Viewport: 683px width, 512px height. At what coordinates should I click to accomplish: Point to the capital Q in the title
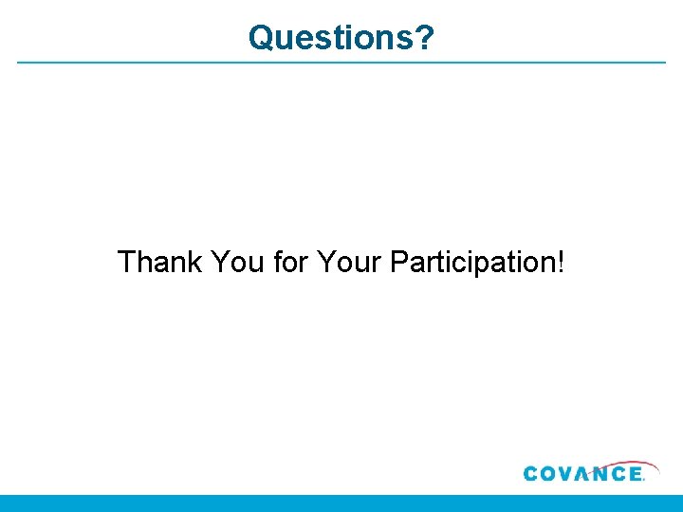coord(261,38)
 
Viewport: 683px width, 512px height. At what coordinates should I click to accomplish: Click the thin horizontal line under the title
coord(341,64)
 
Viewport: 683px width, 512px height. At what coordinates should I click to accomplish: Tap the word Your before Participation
coord(349,262)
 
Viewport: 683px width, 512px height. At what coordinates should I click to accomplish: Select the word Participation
coord(471,263)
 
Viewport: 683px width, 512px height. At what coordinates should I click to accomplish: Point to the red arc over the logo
coord(617,463)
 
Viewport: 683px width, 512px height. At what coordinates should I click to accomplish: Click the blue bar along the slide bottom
coord(341,503)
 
